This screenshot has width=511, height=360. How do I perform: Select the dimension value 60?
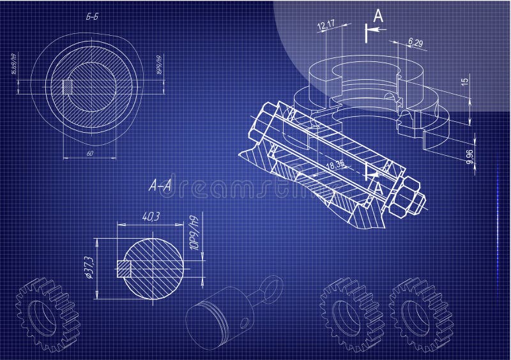tap(89, 154)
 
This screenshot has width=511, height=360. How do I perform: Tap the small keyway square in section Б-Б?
tap(67, 86)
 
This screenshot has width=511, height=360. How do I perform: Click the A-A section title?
tap(159, 186)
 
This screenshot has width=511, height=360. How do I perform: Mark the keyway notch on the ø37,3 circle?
tap(124, 269)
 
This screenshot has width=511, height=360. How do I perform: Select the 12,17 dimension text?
tap(326, 25)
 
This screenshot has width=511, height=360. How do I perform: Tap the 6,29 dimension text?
tap(415, 43)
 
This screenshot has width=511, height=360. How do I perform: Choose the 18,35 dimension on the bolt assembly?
tap(335, 165)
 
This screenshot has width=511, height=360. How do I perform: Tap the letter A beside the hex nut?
tap(378, 188)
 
